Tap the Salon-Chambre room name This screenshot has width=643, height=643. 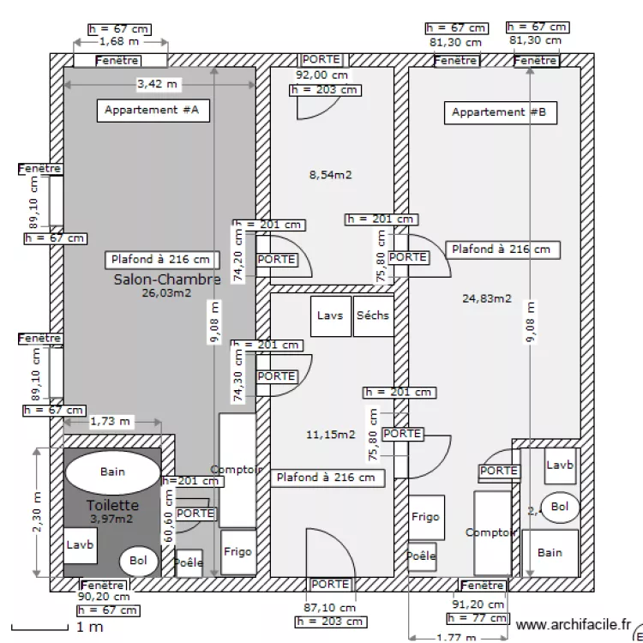tap(167, 279)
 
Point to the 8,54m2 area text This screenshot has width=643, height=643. tap(331, 175)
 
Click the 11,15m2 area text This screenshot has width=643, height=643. tap(330, 435)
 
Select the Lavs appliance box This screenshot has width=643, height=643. tap(330, 315)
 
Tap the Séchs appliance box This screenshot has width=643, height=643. tap(372, 315)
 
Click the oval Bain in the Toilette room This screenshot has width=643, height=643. tap(112, 472)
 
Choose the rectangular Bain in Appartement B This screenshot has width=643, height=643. tap(550, 553)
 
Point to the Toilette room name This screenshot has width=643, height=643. tap(112, 505)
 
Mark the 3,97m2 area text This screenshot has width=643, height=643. tap(111, 519)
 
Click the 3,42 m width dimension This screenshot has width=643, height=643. tap(159, 84)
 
